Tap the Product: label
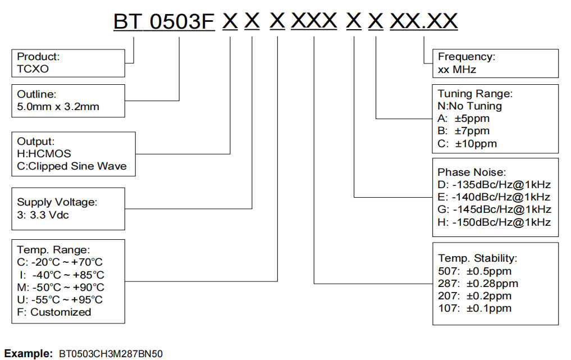click(x=38, y=57)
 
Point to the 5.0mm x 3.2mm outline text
click(x=58, y=106)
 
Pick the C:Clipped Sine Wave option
click(x=72, y=166)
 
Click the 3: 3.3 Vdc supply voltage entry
click(x=43, y=215)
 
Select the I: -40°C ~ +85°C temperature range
click(x=62, y=275)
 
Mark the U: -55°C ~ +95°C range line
click(x=61, y=299)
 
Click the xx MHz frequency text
click(x=457, y=70)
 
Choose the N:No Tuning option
click(x=470, y=106)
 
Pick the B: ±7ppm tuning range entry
click(x=464, y=131)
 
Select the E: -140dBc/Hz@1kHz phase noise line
click(x=494, y=197)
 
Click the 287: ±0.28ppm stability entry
click(x=478, y=283)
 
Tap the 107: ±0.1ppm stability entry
click(x=475, y=308)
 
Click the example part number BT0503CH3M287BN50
click(x=111, y=354)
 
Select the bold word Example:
click(x=28, y=354)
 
